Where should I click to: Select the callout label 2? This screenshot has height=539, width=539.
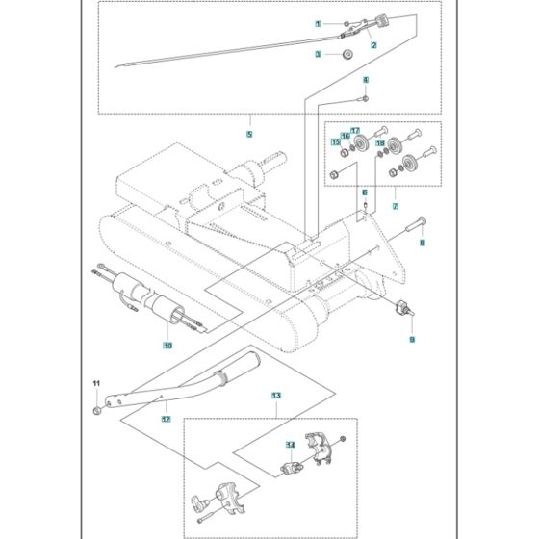point(372,45)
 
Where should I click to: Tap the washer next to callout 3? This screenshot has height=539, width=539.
point(345,55)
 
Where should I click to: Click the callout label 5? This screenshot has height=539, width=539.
point(249,134)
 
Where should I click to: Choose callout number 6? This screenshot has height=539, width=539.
point(365,193)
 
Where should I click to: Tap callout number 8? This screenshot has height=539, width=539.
point(420,244)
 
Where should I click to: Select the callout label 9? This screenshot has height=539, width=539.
point(412,339)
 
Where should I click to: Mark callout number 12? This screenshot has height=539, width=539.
point(167,420)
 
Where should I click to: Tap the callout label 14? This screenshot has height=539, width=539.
point(288,444)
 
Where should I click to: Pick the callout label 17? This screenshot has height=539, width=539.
point(355,130)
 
